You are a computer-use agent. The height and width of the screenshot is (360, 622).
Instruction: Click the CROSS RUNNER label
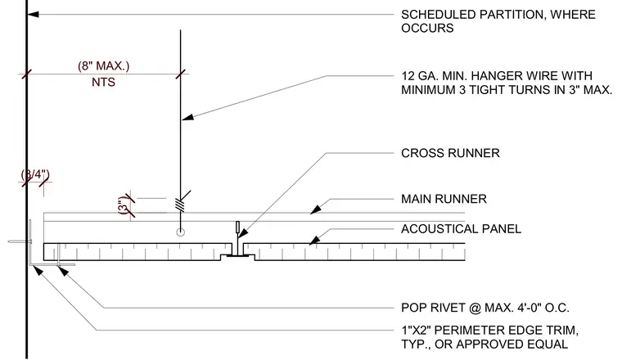(450, 153)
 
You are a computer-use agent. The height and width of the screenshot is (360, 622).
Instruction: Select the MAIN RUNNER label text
(444, 199)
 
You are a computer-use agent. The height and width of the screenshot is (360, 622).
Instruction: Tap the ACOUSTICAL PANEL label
(461, 229)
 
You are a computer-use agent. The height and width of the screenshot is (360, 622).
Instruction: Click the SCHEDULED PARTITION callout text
(498, 21)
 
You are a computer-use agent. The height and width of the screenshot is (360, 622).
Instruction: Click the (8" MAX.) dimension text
(104, 65)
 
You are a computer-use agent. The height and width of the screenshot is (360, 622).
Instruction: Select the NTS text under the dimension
(104, 82)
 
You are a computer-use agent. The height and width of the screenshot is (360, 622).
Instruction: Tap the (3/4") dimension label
(35, 174)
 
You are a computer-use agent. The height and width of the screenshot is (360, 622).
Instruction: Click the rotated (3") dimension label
(124, 205)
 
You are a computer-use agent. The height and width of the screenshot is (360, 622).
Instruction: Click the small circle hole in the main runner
(181, 232)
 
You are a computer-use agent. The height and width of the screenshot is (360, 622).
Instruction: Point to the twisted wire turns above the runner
(181, 205)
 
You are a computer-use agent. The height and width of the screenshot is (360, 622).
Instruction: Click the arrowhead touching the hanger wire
(187, 117)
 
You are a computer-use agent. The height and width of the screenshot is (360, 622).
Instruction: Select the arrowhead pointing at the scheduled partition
(33, 14)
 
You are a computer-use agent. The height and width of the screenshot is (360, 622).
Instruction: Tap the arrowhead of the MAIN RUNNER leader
(315, 209)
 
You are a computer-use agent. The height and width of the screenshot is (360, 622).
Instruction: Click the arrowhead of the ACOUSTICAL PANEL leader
(314, 241)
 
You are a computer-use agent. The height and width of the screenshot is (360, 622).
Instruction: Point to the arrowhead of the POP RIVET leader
(63, 272)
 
